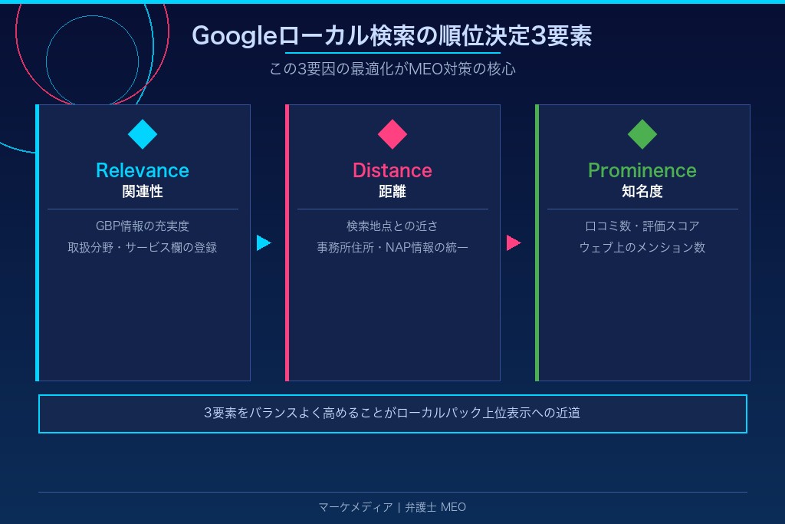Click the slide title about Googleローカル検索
pos(392,35)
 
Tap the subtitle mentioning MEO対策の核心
pos(392,69)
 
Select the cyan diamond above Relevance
pos(143,134)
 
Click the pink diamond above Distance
pos(392,134)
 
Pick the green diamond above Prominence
pos(642,134)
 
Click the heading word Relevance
pos(143,170)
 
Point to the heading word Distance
pos(392,170)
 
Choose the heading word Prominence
pos(642,170)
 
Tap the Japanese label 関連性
pos(143,192)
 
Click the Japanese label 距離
pos(392,192)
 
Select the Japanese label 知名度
pos(642,192)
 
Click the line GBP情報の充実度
pos(143,226)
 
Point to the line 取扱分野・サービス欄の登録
pos(143,248)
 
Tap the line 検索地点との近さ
pos(392,226)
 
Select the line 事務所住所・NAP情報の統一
pos(392,248)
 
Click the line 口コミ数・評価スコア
pos(642,226)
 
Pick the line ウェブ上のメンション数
pos(642,248)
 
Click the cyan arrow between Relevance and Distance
pos(263,243)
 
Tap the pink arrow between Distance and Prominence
pos(513,243)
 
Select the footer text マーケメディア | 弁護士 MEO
pos(392,507)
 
